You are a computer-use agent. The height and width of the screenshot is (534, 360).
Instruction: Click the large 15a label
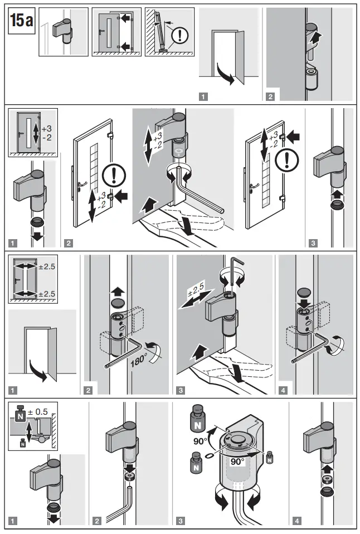pos(21,21)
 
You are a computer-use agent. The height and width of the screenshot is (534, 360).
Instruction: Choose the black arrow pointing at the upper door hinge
pos(296,135)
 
